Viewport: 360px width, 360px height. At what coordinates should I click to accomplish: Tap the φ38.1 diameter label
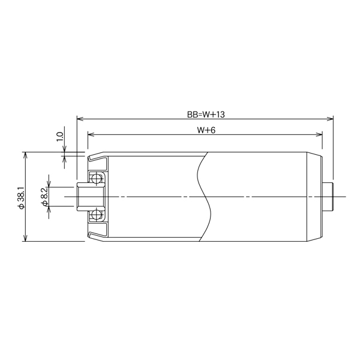tap(20, 197)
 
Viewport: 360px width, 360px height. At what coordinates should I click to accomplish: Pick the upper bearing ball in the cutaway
tap(95, 178)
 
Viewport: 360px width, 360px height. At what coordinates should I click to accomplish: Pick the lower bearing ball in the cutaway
tap(95, 215)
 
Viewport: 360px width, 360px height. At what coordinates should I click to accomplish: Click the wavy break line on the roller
tap(204, 197)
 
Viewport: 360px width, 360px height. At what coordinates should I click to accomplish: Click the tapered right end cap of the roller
tap(315, 197)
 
